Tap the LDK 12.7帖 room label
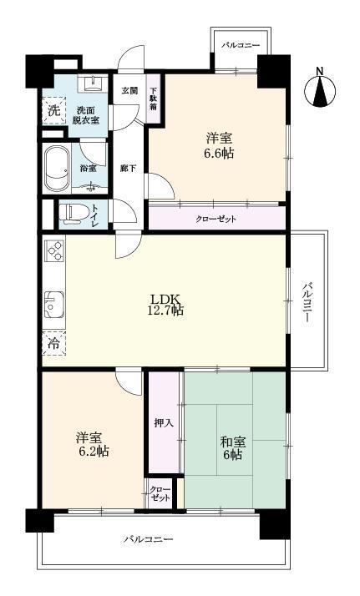click(166, 305)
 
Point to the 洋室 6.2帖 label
click(91, 443)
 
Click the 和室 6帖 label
click(232, 448)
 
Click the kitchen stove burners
click(55, 253)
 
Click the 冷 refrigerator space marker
click(53, 342)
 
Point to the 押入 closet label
click(164, 423)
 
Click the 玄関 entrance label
click(129, 90)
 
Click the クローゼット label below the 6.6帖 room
click(216, 219)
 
